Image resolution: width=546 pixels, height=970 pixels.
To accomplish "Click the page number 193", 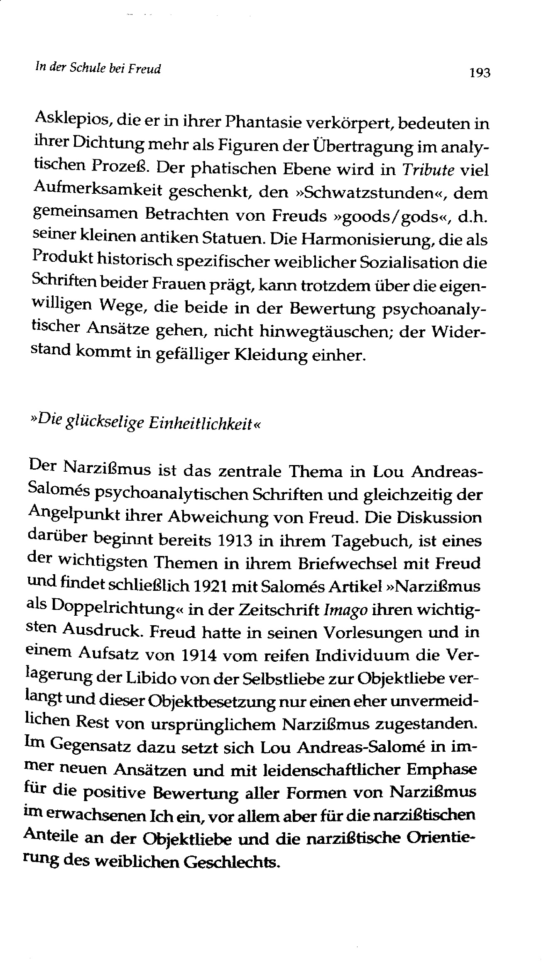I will pos(479,73).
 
